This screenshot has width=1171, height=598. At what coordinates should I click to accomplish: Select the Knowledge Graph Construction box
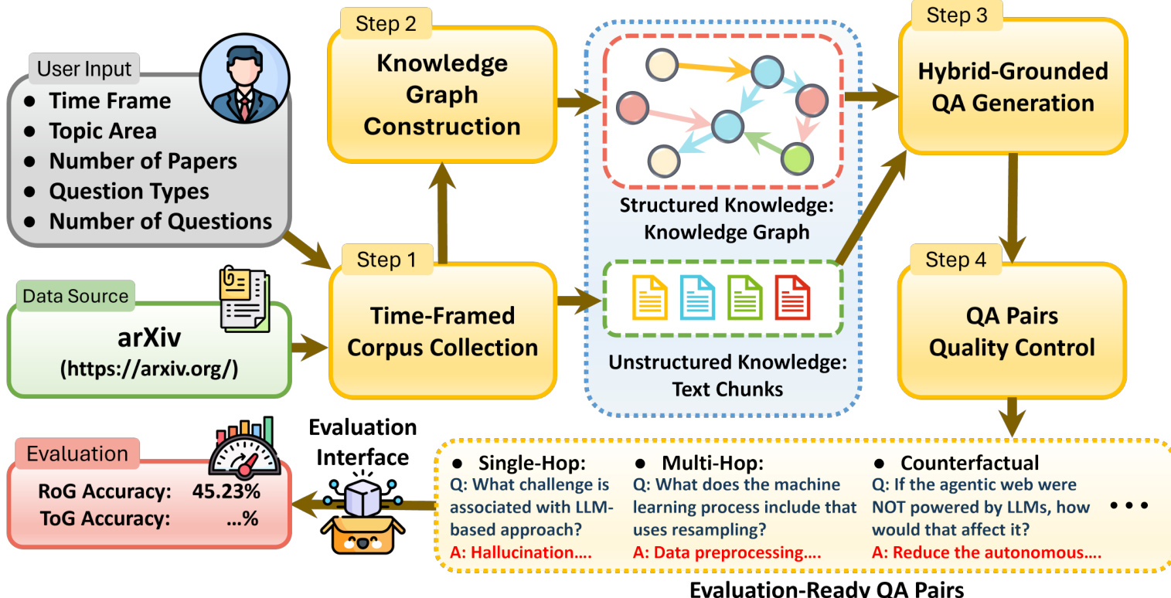(442, 94)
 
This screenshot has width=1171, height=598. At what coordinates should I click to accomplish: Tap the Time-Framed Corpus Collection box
(442, 331)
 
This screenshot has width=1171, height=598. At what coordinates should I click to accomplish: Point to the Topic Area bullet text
(103, 131)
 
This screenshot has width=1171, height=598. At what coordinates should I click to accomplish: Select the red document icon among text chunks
(792, 298)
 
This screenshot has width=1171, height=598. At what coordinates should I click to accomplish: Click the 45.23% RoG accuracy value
(224, 491)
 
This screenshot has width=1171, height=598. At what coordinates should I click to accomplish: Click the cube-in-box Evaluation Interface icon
(358, 512)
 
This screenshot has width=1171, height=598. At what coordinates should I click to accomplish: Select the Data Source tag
(75, 296)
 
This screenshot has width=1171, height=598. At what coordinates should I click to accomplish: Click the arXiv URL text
(149, 369)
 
